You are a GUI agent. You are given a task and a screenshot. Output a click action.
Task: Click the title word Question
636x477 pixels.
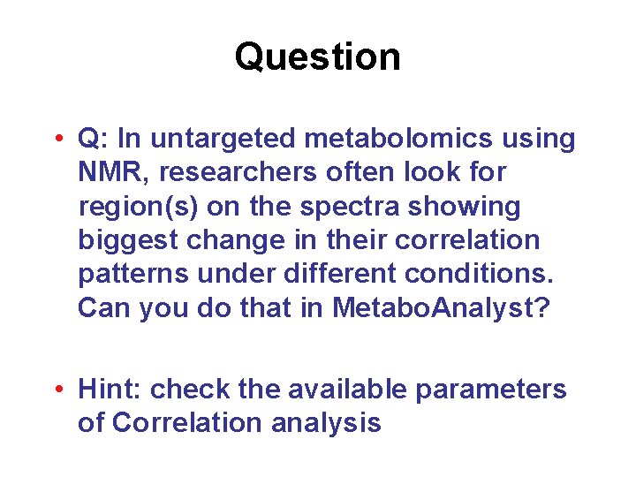[317, 57]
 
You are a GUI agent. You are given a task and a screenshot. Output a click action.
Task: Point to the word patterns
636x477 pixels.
[132, 275]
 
